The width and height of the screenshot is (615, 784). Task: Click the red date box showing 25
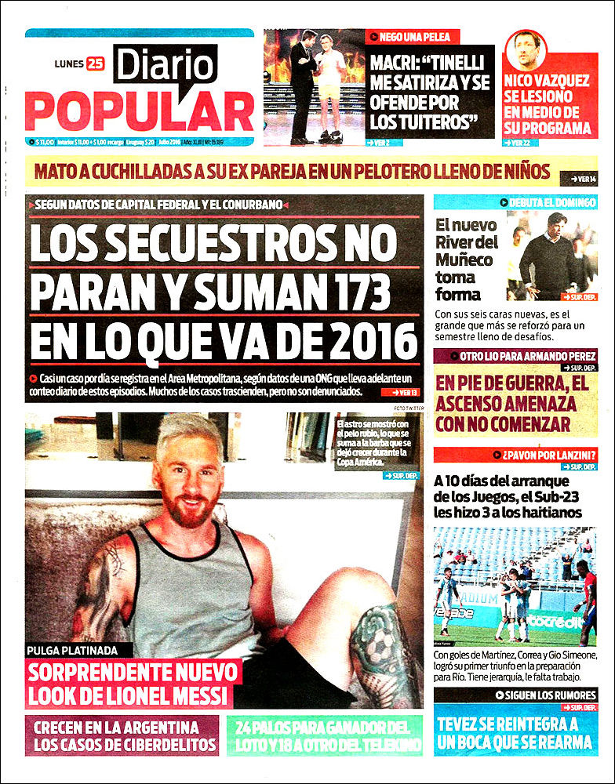click(x=95, y=64)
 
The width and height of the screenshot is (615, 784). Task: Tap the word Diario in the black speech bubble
click(x=166, y=64)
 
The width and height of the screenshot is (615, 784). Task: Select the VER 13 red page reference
click(x=399, y=392)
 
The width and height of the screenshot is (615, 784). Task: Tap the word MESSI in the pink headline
click(x=195, y=695)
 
